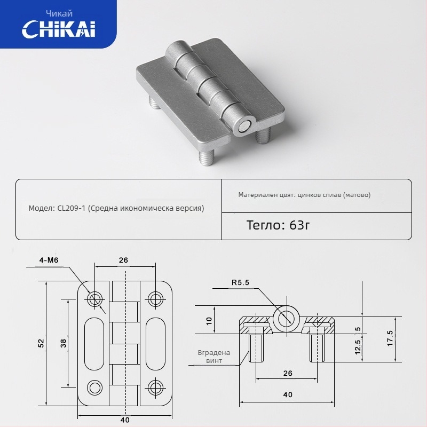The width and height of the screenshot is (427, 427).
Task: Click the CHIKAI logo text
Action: (x=59, y=29)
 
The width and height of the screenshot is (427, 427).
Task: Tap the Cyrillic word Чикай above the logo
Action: (x=59, y=13)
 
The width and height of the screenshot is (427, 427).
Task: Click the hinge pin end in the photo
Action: (x=244, y=128)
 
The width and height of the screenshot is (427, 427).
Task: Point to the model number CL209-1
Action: (x=72, y=208)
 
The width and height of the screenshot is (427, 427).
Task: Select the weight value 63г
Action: (x=299, y=225)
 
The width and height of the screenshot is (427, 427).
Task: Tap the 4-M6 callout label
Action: (x=49, y=260)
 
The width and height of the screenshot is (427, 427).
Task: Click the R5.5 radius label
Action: (x=240, y=282)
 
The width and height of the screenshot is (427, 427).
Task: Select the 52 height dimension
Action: (x=41, y=343)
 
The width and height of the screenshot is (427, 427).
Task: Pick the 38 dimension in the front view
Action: (x=63, y=343)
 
